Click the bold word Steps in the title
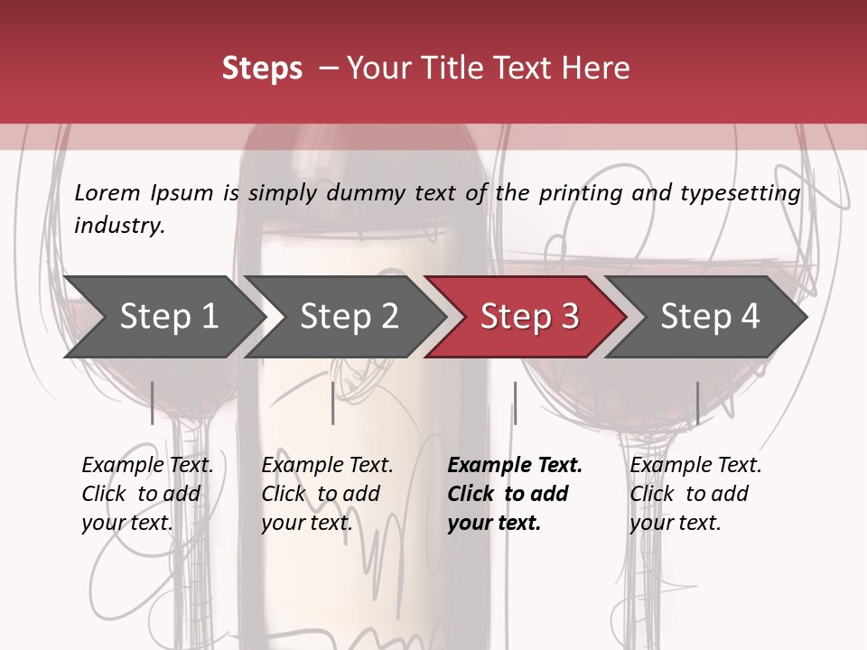(x=262, y=68)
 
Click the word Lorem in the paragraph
(x=107, y=192)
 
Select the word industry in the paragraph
(x=119, y=225)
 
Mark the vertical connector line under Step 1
(x=153, y=403)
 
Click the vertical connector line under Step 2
(x=333, y=403)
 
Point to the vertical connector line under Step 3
(x=515, y=403)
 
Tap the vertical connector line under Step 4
(x=697, y=403)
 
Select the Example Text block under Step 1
(x=147, y=494)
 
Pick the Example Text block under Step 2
(x=327, y=494)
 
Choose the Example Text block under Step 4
(x=695, y=494)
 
